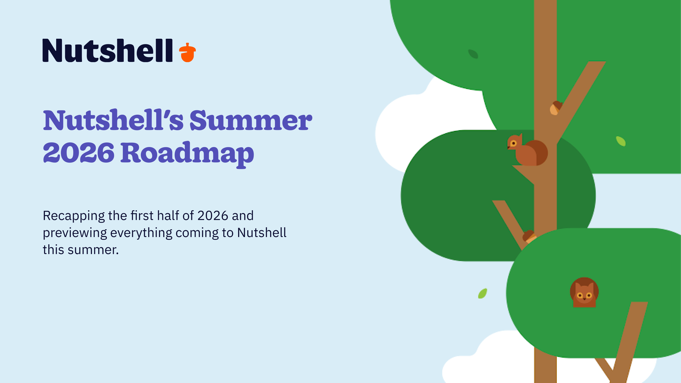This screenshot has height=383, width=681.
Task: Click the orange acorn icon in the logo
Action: pos(187,52)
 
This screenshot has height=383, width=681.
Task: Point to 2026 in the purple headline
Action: pos(79,153)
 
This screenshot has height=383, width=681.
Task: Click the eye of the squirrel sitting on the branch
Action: pos(513,143)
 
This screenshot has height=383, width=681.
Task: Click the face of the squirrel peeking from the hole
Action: pos(584,295)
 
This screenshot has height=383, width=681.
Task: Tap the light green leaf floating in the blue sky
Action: pos(482,293)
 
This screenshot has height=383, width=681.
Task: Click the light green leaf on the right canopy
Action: pos(621,141)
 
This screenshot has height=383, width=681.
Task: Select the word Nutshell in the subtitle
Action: pos(262,233)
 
